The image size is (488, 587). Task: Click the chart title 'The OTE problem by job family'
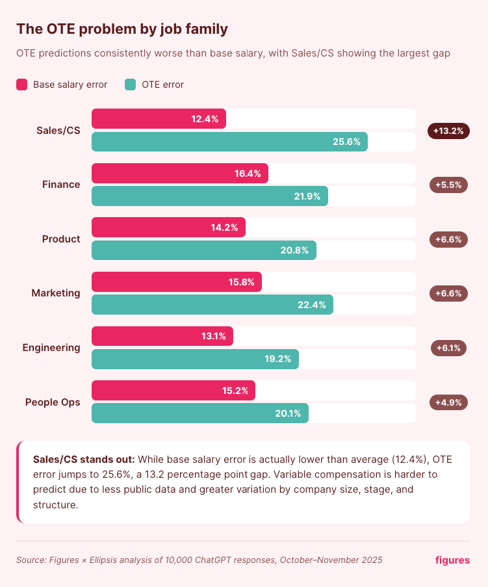click(122, 29)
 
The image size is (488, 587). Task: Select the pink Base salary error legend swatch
click(22, 85)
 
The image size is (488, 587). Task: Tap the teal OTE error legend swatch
click(131, 85)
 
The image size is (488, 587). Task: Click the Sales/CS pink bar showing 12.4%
click(159, 119)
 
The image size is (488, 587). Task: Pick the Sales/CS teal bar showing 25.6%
click(229, 142)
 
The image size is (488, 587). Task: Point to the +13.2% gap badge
click(448, 131)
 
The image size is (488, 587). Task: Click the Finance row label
click(61, 185)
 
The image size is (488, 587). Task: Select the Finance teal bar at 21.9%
click(209, 196)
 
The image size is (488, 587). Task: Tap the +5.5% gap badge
click(448, 185)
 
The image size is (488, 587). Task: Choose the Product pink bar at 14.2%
click(168, 228)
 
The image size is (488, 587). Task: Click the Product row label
click(61, 239)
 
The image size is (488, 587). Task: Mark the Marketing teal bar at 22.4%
click(212, 305)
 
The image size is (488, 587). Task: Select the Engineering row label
click(51, 348)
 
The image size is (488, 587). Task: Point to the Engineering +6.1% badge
click(448, 348)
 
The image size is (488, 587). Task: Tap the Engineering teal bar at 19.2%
click(195, 359)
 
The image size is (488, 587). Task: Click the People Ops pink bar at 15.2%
click(173, 391)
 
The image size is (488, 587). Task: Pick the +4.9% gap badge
click(448, 402)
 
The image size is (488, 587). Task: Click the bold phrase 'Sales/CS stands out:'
click(84, 458)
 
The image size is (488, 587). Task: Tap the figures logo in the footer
click(452, 560)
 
